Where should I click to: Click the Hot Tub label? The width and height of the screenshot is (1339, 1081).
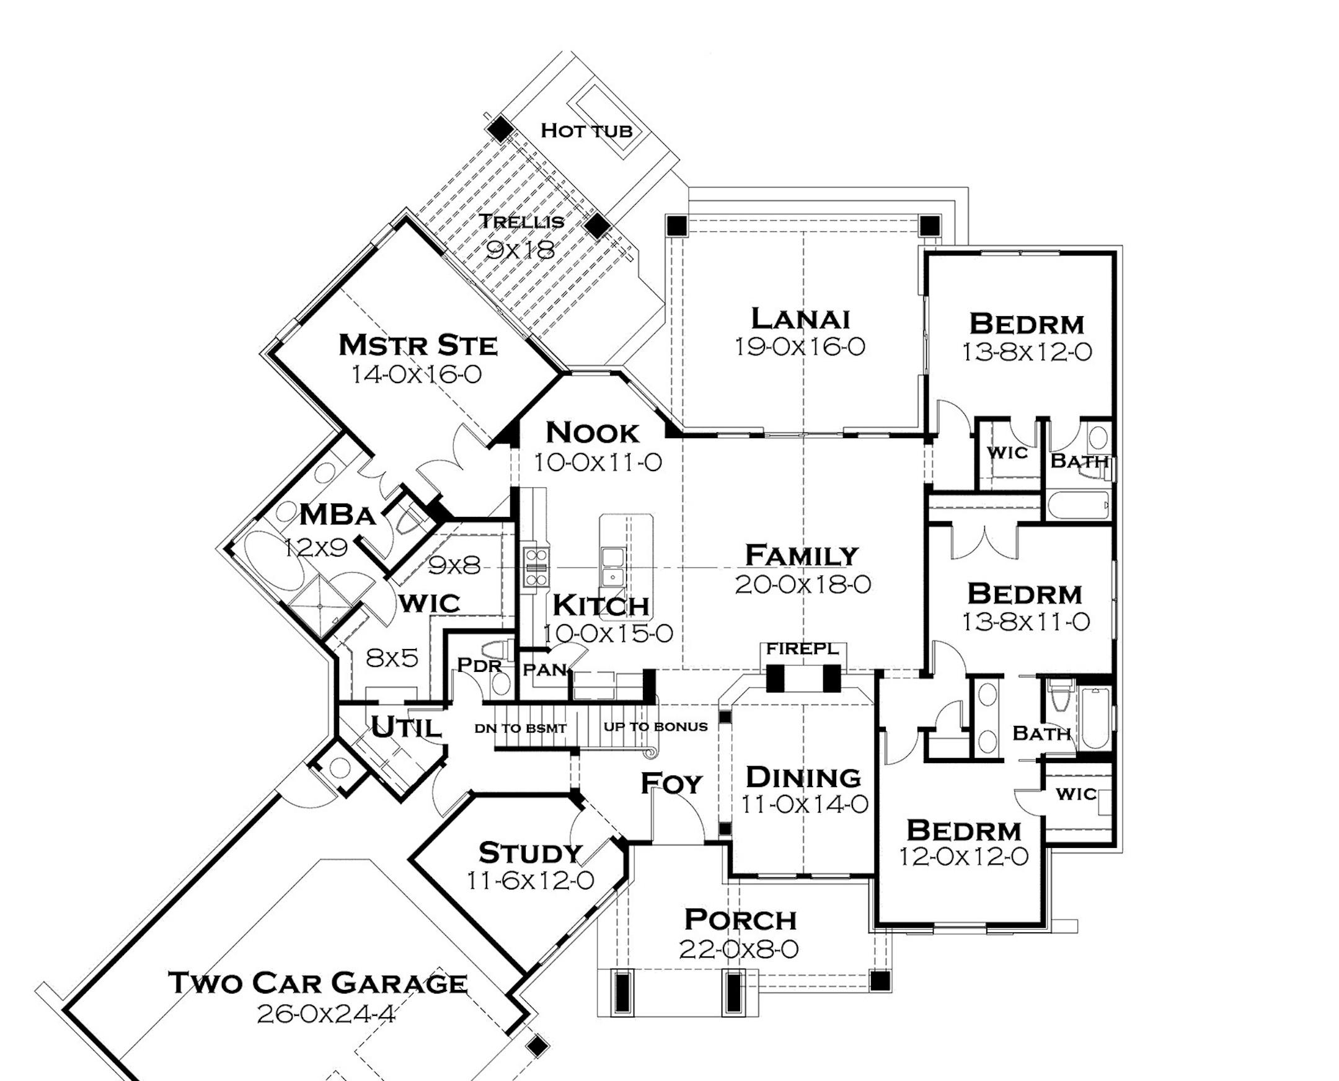coord(586,131)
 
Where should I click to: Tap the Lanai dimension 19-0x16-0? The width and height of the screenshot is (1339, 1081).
coord(800,346)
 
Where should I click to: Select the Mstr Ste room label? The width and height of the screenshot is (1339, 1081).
coord(418,345)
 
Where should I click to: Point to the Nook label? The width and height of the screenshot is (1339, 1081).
coord(592,433)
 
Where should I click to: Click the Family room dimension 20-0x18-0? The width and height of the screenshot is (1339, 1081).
coord(803,585)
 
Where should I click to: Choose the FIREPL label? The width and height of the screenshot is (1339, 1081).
coord(803,649)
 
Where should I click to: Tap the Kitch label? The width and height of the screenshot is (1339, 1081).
coord(601,604)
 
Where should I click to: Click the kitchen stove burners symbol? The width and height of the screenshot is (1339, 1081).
coord(535,567)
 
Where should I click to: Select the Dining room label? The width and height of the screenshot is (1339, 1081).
coord(803,777)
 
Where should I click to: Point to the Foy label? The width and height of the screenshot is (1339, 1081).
coord(671,783)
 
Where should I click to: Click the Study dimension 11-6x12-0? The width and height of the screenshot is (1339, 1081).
coord(530,881)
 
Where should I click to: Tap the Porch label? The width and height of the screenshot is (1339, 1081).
coord(741,920)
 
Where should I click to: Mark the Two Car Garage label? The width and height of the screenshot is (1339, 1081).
coord(317,984)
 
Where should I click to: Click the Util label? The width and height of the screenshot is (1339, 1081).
coord(406,726)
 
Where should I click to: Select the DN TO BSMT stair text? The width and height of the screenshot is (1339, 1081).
coord(521,728)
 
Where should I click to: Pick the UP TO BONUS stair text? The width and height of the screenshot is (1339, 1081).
coord(656,726)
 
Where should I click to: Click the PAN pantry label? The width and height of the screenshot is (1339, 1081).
coord(545,670)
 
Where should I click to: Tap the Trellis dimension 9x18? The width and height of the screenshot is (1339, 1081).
coord(520,250)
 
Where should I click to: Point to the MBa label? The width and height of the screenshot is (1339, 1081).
coord(338,515)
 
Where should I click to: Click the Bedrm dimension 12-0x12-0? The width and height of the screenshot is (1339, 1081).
coord(963,857)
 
